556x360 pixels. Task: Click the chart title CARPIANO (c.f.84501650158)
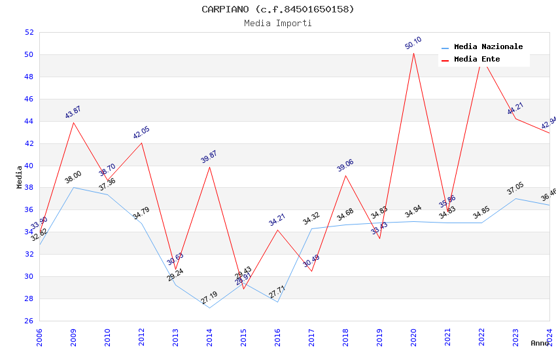pyautogui.click(x=278, y=9)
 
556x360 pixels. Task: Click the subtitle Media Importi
pyautogui.click(x=278, y=23)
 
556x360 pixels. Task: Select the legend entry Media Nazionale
pyautogui.click(x=488, y=47)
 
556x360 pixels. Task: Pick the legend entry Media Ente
pyautogui.click(x=477, y=60)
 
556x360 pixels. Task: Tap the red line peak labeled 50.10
pyautogui.click(x=413, y=53)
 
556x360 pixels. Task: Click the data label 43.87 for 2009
pyautogui.click(x=73, y=113)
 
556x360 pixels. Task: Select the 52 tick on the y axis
pyautogui.click(x=29, y=32)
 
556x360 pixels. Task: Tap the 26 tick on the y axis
pyautogui.click(x=29, y=321)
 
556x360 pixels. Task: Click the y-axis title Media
pyautogui.click(x=20, y=177)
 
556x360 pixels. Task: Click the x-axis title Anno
pyautogui.click(x=540, y=343)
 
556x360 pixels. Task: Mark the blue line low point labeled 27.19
pyautogui.click(x=209, y=308)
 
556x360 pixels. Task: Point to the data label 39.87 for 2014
pyautogui.click(x=209, y=156)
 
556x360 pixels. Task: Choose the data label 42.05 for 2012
pyautogui.click(x=141, y=133)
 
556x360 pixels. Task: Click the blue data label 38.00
pyautogui.click(x=73, y=177)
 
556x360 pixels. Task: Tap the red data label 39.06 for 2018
pyautogui.click(x=345, y=166)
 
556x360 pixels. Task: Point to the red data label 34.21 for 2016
pyautogui.click(x=277, y=220)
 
